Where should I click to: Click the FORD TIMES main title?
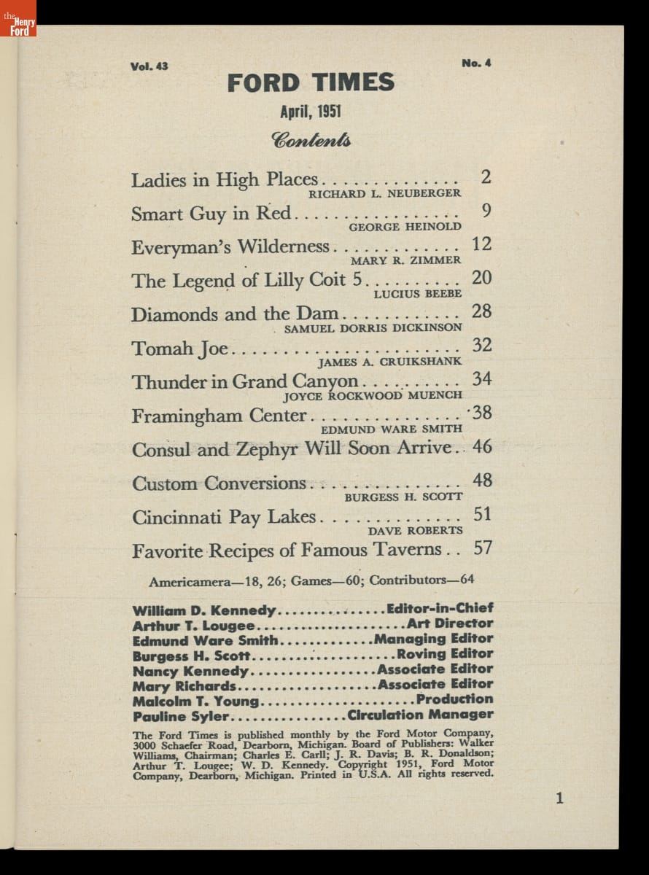[x=311, y=83]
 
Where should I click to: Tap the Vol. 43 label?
[x=149, y=66]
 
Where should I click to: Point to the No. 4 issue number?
[x=476, y=63]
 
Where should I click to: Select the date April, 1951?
[x=311, y=112]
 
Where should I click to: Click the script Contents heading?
[x=311, y=139]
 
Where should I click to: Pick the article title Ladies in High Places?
[x=225, y=179]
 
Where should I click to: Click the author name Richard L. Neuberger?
[x=384, y=193]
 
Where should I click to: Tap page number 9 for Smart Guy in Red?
[x=486, y=211]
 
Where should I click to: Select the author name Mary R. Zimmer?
[x=405, y=260]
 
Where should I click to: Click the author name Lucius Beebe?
[x=417, y=294]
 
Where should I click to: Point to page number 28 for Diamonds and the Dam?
[x=482, y=312]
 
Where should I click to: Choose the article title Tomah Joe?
[x=180, y=349]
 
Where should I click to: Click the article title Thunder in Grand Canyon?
[x=245, y=381]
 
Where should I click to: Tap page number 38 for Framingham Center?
[x=482, y=413]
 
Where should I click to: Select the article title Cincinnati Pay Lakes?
[x=224, y=517]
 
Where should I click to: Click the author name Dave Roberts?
[x=415, y=531]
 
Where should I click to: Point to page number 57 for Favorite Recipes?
[x=482, y=548]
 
